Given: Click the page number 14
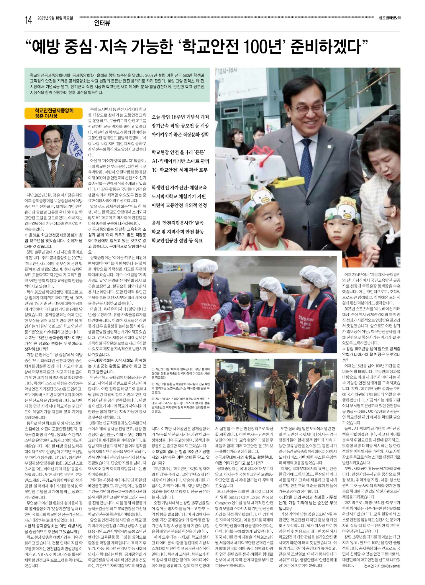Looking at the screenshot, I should (28, 20).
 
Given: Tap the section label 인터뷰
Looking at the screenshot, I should (102, 23).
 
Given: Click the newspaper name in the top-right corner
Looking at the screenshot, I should (389, 18).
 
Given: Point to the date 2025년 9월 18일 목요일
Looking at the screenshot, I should (55, 18).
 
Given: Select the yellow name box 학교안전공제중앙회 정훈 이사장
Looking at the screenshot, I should (54, 113).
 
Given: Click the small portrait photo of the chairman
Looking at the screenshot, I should (54, 156).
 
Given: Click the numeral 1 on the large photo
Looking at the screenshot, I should (219, 247).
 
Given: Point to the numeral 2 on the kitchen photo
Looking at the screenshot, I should (155, 350).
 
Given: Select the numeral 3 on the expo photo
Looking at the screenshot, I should (219, 418).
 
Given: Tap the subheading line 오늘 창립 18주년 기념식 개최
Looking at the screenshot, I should (180, 117).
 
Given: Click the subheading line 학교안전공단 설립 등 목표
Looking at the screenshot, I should (177, 241).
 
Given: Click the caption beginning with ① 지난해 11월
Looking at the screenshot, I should (180, 373).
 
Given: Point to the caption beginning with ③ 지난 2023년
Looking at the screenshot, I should (180, 405).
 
